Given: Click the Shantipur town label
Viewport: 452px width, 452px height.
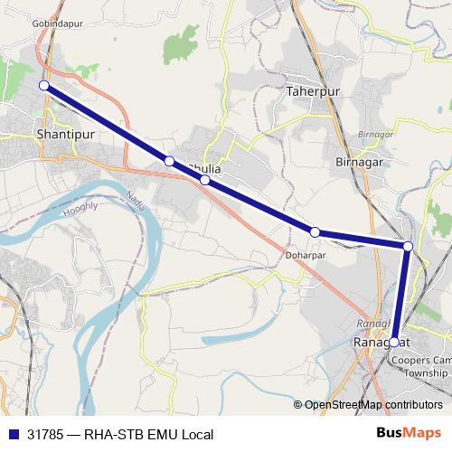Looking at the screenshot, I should click(66, 133).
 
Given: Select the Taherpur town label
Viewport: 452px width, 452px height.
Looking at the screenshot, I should click(310, 91).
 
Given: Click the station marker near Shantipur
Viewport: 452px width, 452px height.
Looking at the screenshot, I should click(43, 85).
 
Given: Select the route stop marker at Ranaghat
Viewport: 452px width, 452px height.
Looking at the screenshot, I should click(394, 342).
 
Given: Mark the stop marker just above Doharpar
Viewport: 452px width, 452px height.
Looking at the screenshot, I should click(315, 232).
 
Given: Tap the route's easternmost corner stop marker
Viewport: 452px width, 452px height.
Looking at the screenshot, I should click(408, 246).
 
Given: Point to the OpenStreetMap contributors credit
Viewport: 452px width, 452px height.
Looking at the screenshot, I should click(373, 405).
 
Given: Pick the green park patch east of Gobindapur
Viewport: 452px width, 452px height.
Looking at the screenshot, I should click(186, 41).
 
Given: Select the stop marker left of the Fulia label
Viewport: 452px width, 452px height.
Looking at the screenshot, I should click(169, 161).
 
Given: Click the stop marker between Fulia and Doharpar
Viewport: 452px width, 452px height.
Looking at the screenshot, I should click(205, 180).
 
